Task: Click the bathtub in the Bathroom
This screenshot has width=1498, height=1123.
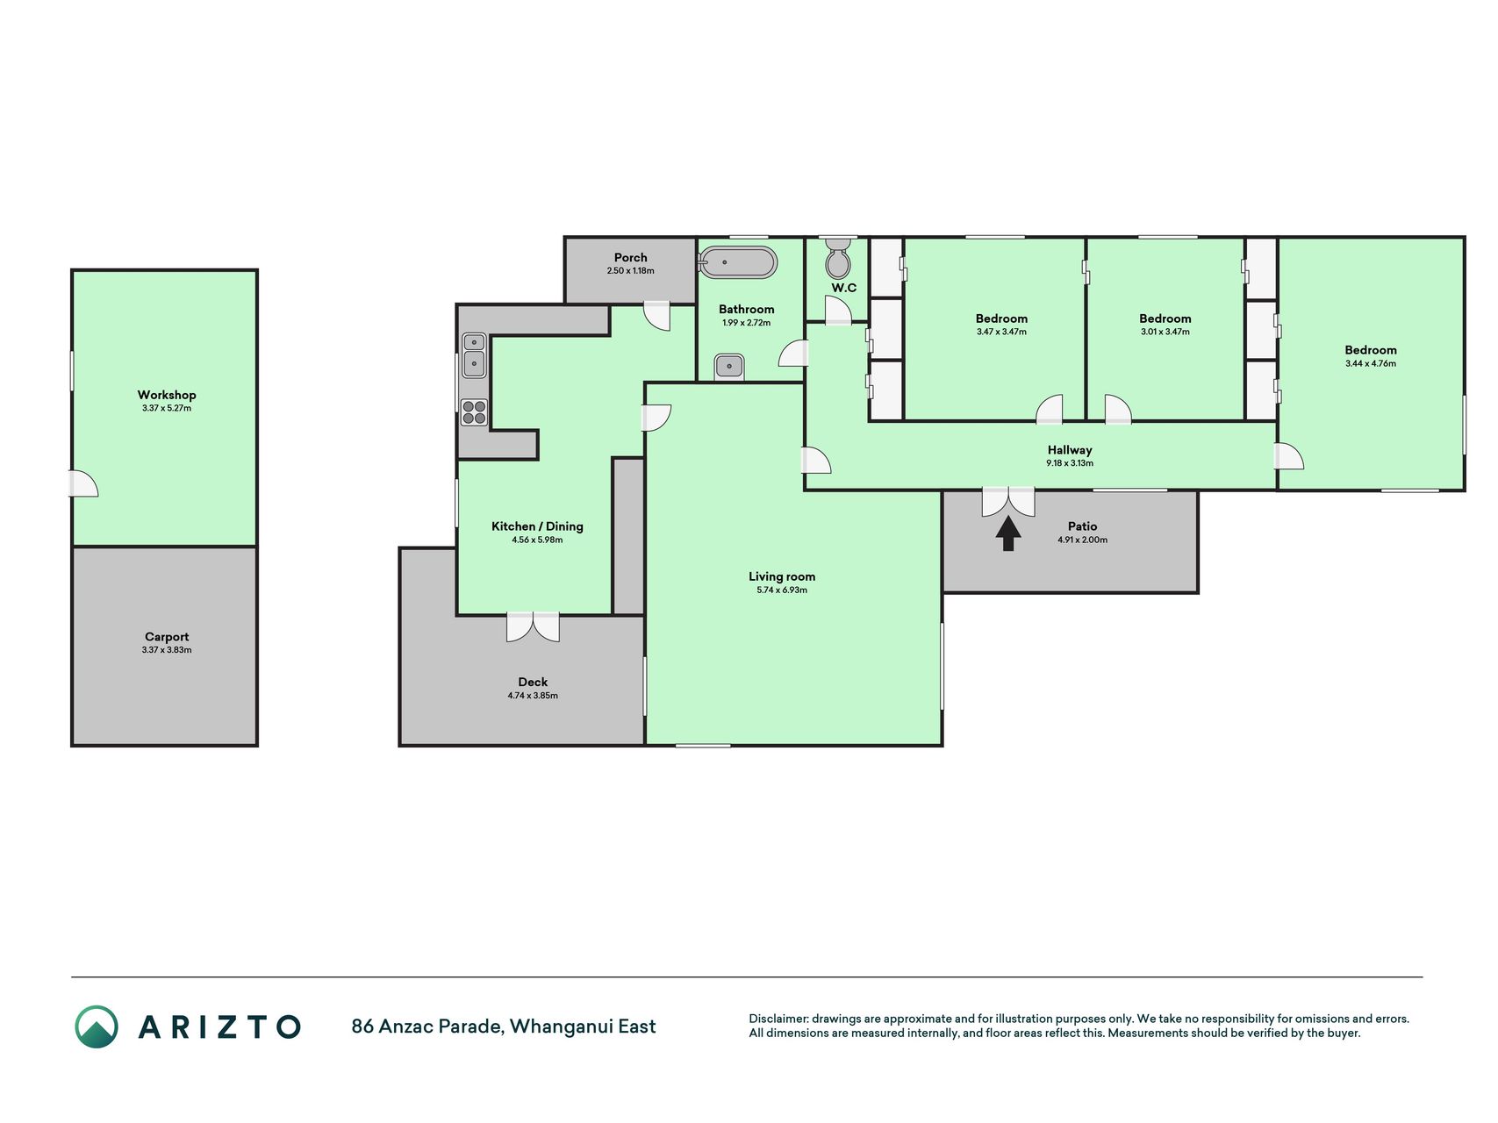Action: [x=737, y=262]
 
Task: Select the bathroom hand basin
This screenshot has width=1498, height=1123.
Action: [x=729, y=366]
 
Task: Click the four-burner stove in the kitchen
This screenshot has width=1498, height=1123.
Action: [x=475, y=412]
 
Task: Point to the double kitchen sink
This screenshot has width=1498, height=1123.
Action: [x=474, y=354]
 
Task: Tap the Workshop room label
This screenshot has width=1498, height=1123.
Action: [x=167, y=395]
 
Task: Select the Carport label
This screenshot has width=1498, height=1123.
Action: [x=167, y=637]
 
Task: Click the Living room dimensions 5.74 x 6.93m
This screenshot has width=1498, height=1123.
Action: [x=782, y=590]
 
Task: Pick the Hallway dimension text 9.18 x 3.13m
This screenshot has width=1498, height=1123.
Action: [x=1070, y=463]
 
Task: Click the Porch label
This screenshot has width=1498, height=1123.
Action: [x=631, y=257]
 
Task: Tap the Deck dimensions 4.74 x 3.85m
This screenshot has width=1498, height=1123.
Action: [x=533, y=696]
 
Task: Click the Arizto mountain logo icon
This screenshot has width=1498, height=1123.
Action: [x=97, y=1026]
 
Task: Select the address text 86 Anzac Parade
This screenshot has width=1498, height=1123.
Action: [x=427, y=1026]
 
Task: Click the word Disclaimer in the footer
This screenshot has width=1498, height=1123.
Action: [x=778, y=1019]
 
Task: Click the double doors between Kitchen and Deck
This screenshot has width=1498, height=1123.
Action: [x=533, y=626]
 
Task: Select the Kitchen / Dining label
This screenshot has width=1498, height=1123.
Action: [x=537, y=526]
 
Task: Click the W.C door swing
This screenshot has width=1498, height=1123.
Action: [x=838, y=311]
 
